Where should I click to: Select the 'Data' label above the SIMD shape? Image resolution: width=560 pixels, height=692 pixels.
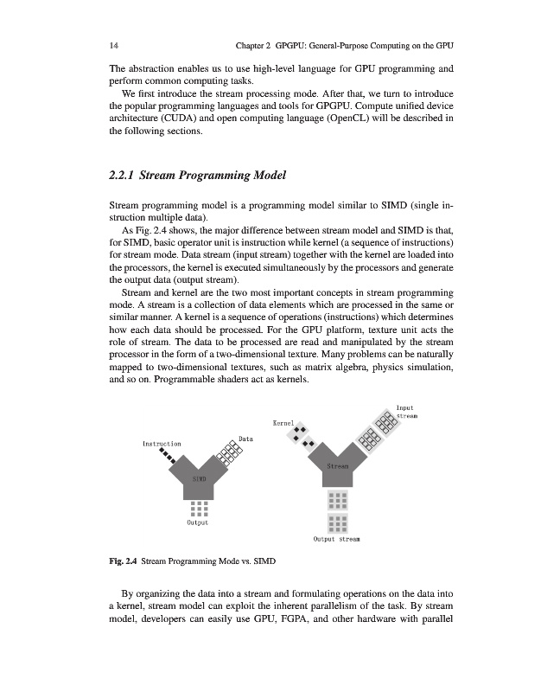coord(245,439)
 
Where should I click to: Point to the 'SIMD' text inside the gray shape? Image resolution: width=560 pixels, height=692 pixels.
coord(199,478)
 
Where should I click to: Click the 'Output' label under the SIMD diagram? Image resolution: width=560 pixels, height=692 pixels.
coord(200,522)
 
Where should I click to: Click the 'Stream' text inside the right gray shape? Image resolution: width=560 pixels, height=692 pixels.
coord(338,466)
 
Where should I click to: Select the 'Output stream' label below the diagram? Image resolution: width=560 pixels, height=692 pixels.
coord(337,537)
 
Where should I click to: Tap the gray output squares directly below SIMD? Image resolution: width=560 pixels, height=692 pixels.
coord(200,507)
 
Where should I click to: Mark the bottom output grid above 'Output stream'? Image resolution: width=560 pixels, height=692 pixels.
coord(337,523)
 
